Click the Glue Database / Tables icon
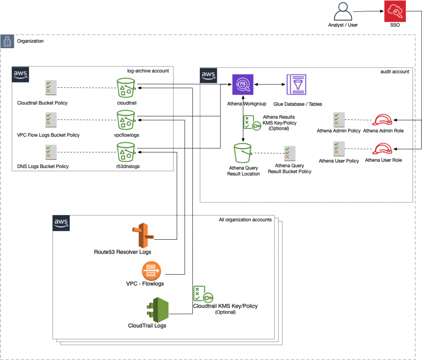[296, 85]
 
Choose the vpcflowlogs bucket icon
[127, 120]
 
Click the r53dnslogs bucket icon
[127, 152]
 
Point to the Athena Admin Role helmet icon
[384, 120]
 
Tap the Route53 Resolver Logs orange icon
[143, 235]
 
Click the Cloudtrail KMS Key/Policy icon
[203, 294]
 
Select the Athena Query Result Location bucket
[244, 153]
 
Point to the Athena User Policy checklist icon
[338, 149]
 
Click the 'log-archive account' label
[148, 71]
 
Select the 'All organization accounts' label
[245, 220]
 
